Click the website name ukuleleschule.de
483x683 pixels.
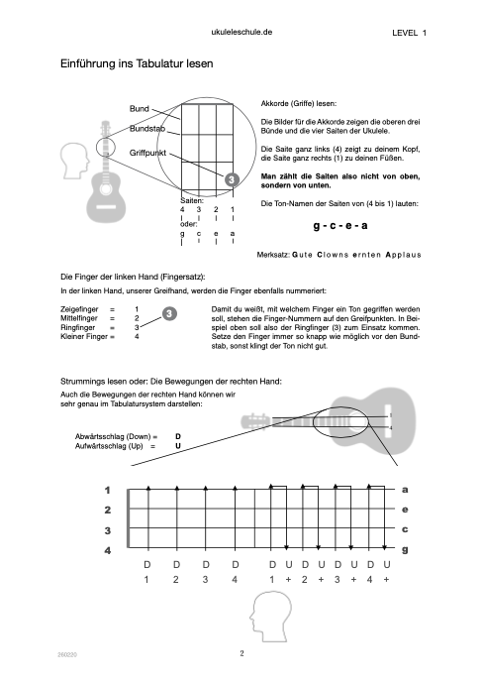pos(241,32)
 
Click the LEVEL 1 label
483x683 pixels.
pos(409,33)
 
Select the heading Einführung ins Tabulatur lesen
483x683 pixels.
pos(137,63)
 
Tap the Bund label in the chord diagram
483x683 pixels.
pos(140,108)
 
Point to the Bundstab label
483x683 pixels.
pos(147,129)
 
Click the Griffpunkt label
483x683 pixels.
pos(147,153)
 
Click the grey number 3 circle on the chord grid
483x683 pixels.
pos(232,179)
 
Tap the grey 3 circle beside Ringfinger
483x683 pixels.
pos(169,313)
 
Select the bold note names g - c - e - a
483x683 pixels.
pos(340,225)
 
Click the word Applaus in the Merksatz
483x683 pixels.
pos(404,255)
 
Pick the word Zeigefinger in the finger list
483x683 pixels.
pos(79,309)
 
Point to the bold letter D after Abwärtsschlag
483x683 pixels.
pos(178,436)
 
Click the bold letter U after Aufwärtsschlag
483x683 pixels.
pos(178,446)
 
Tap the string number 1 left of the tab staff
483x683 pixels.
pos(107,491)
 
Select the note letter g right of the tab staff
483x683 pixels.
pos(405,550)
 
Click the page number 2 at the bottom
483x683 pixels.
pos(241,653)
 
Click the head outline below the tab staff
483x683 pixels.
pos(270,616)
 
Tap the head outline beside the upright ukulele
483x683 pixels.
pos(74,161)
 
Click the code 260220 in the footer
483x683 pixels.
pos(67,654)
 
